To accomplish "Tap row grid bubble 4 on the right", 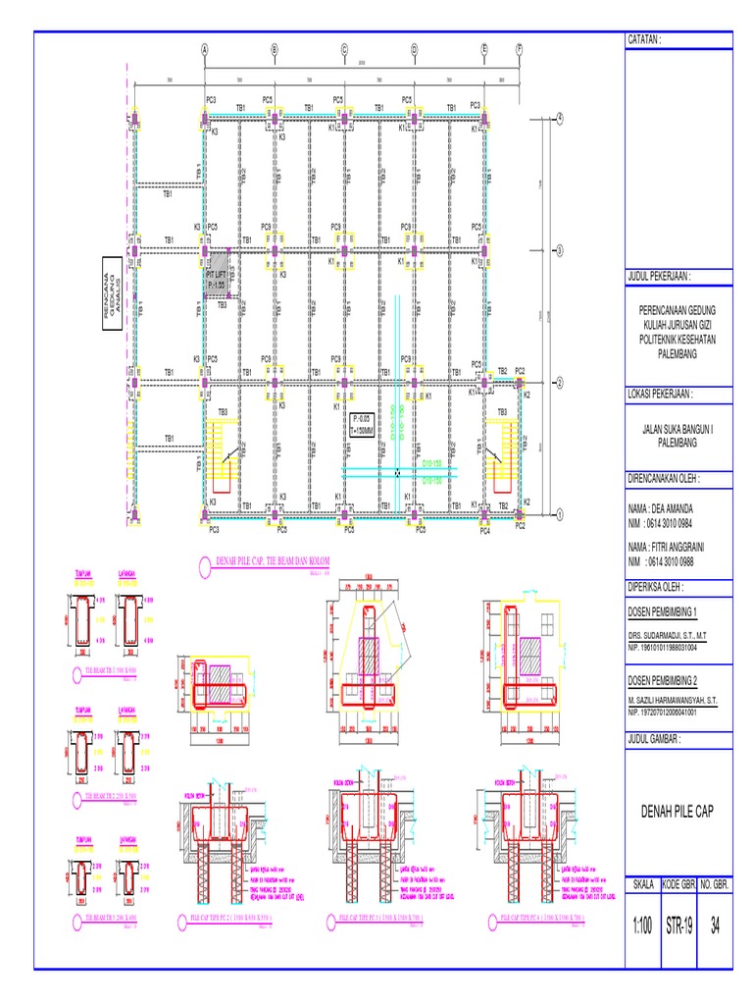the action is coord(560,118).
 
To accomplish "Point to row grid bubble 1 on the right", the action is coord(560,513).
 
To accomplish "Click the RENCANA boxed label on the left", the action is coord(107,284).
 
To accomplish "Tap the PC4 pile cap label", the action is coord(484,530).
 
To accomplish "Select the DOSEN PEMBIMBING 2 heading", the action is coord(668,680).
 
